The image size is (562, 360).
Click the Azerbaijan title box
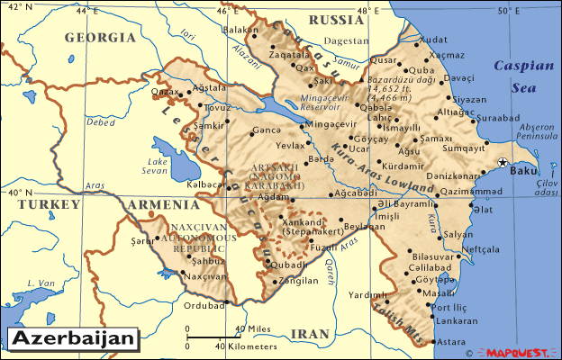pyautogui.click(x=74, y=339)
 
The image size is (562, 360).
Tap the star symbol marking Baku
pyautogui.click(x=503, y=162)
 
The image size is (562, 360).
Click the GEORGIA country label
pyautogui.click(x=100, y=39)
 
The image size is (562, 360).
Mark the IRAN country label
pyautogui.click(x=312, y=333)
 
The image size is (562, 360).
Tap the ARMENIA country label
pyautogui.click(x=157, y=205)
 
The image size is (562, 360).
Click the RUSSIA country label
pyautogui.click(x=335, y=20)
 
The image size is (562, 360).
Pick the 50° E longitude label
pyautogui.click(x=509, y=11)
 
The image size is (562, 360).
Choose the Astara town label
pyautogui.click(x=450, y=341)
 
